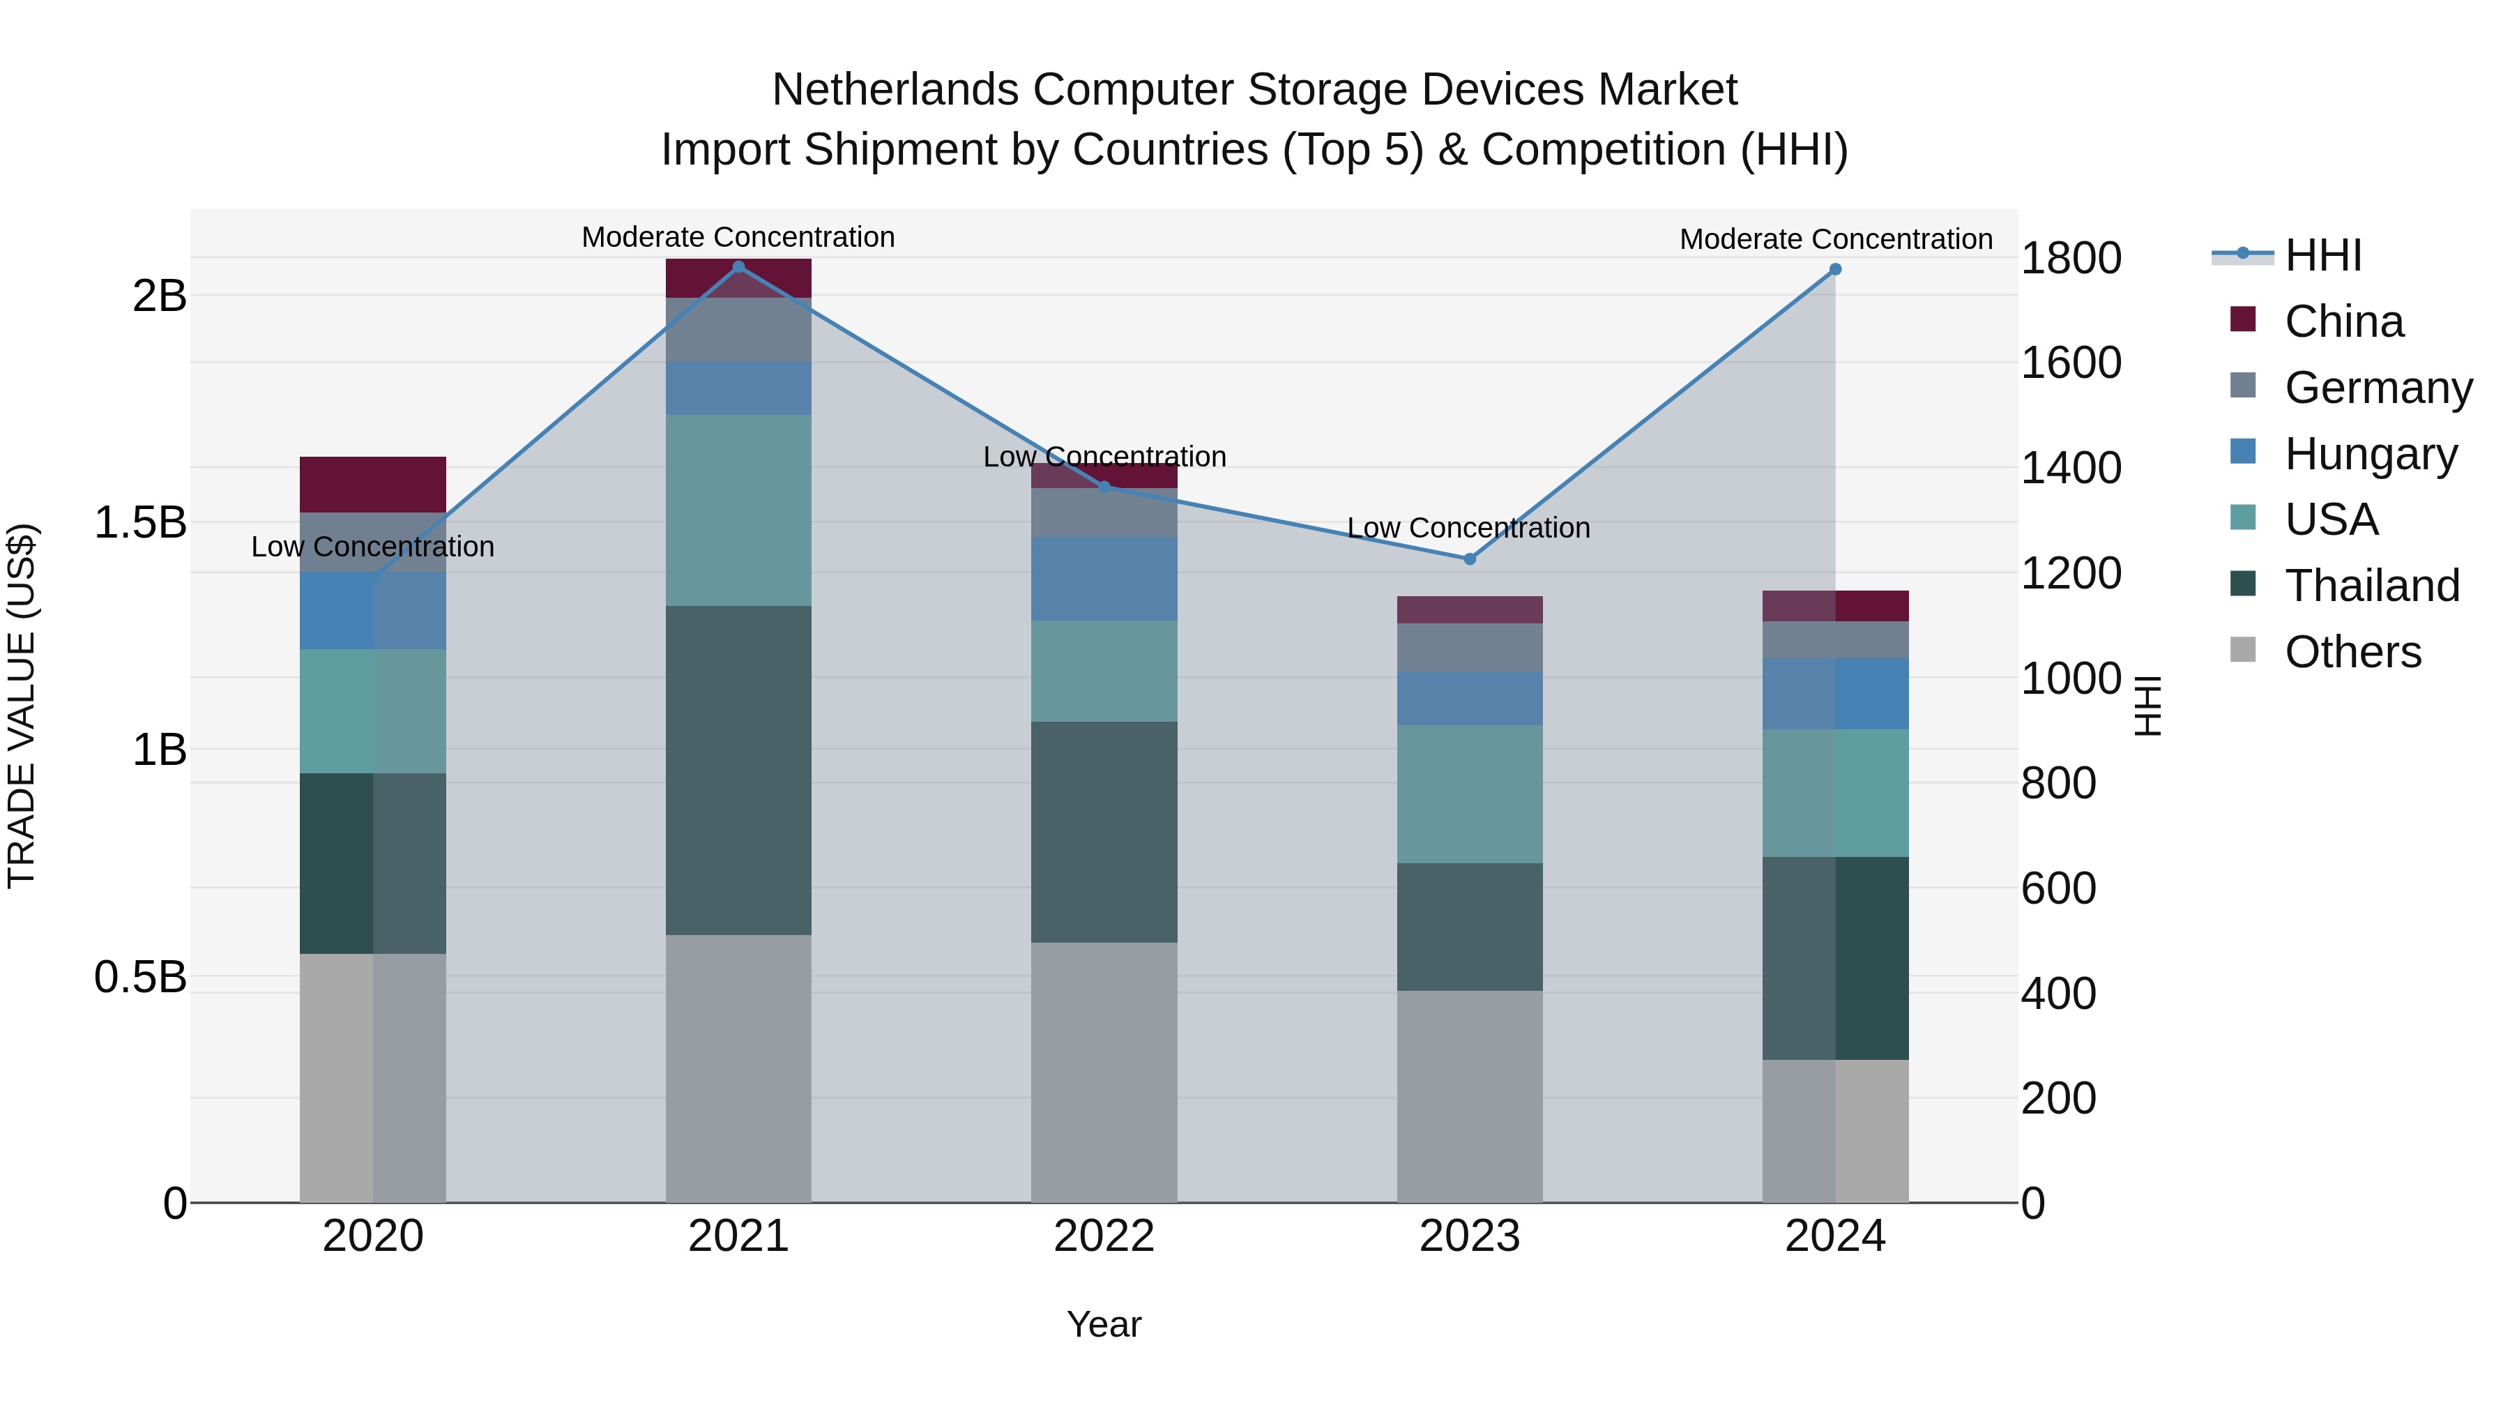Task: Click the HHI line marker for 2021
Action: [x=738, y=267]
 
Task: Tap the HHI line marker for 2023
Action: [x=1469, y=559]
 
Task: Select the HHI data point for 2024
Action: [x=1835, y=269]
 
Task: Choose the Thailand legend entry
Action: [x=2372, y=586]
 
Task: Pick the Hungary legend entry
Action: [x=2371, y=454]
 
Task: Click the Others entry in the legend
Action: [x=2352, y=652]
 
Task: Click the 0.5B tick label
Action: [x=139, y=976]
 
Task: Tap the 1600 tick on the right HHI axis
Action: [x=2071, y=363]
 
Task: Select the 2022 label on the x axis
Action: [x=1104, y=1236]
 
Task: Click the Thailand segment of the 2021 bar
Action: [x=738, y=770]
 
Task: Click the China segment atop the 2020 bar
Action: [x=373, y=485]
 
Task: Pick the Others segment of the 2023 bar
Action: [x=1469, y=1096]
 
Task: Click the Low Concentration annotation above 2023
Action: [x=1468, y=528]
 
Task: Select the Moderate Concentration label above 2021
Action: [x=738, y=237]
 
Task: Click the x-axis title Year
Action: [x=1104, y=1324]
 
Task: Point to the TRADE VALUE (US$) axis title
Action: [x=22, y=706]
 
